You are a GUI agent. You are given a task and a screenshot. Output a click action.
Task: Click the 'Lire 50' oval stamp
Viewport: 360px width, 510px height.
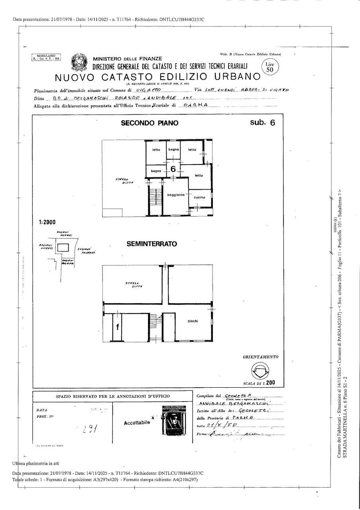(270, 66)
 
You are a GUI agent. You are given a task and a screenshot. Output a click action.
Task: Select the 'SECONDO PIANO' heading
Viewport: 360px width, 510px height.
(150, 124)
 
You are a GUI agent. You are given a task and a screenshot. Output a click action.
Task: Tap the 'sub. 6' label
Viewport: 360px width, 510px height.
(262, 123)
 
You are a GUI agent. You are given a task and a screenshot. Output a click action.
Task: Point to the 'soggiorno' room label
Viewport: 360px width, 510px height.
(176, 194)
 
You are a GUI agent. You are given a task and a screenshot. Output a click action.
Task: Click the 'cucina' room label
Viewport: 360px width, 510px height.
(199, 198)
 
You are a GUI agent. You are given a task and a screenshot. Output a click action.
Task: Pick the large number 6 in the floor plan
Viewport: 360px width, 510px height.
(173, 169)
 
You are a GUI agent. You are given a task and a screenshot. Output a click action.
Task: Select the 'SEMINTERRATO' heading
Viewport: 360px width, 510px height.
(152, 244)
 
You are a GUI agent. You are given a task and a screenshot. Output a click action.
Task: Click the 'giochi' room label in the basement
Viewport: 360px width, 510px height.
(193, 321)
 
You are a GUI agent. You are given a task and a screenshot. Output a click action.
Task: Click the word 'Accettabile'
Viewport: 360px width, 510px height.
(137, 422)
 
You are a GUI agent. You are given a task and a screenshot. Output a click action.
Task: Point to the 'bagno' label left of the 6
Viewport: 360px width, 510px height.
(155, 171)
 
